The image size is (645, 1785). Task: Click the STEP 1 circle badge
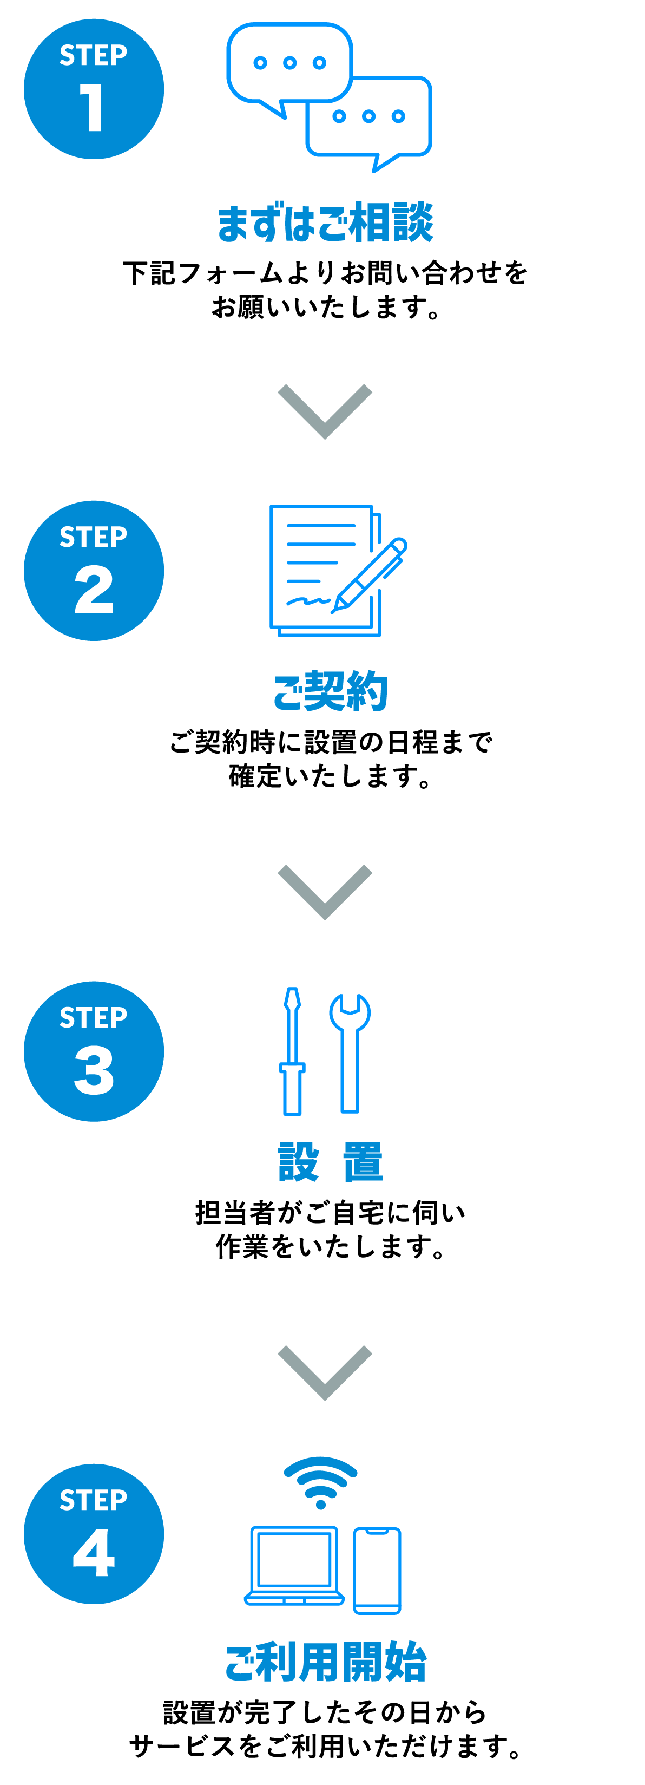click(x=94, y=89)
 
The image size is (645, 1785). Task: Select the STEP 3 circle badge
click(x=94, y=1052)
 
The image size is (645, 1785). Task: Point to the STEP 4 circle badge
click(x=94, y=1533)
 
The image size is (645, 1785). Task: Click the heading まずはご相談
click(x=325, y=223)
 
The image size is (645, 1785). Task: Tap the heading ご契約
click(x=330, y=691)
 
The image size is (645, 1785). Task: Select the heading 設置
click(x=330, y=1162)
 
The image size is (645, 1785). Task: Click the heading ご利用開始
click(x=325, y=1662)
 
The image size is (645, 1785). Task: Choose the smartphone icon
click(x=378, y=1570)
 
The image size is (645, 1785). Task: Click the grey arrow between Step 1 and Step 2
click(x=325, y=411)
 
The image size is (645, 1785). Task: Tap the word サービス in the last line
click(x=182, y=1746)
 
